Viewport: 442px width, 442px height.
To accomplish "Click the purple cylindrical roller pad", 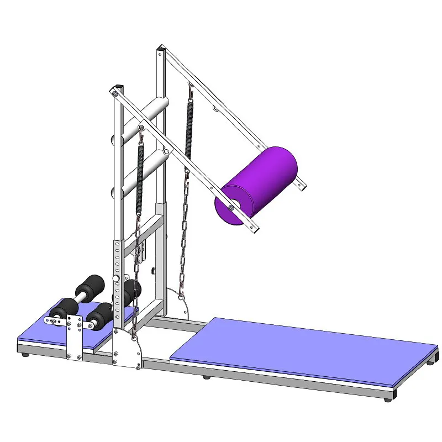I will click(260, 182).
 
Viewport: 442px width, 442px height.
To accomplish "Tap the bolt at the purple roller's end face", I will click(230, 208).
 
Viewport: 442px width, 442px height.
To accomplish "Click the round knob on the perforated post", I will click(117, 278).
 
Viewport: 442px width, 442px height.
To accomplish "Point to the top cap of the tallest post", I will click(160, 51).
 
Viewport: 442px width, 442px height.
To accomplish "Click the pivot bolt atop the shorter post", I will click(114, 94).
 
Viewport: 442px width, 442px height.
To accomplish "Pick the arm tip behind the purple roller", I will click(302, 184).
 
